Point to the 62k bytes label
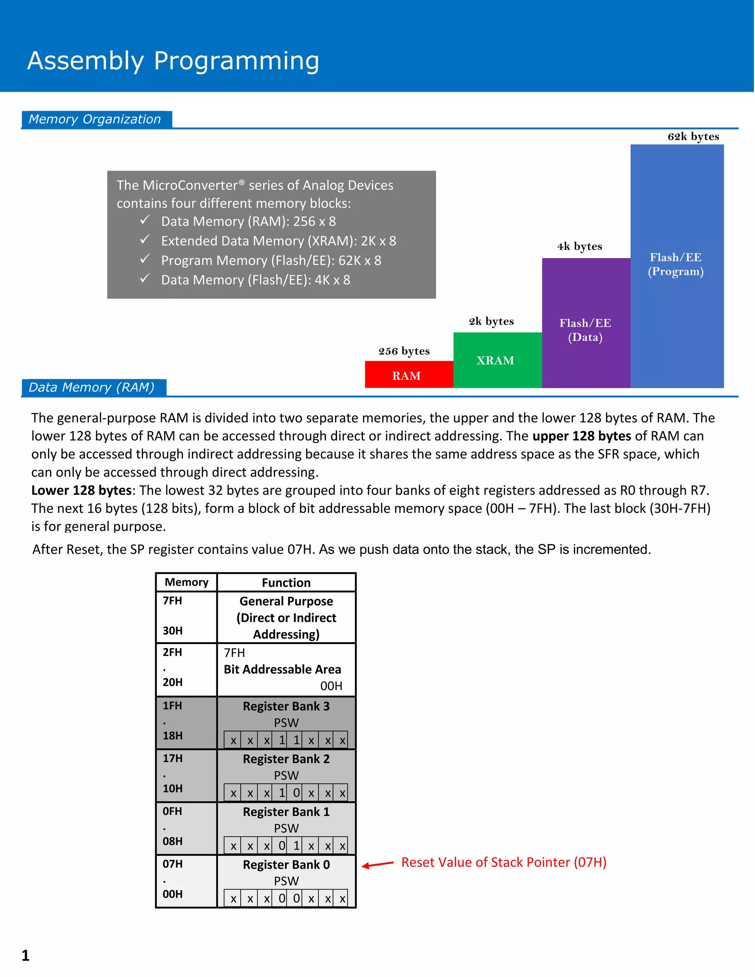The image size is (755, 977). click(693, 136)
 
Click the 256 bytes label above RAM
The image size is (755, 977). click(404, 351)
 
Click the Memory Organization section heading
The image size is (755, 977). click(95, 119)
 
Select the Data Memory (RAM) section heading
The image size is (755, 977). click(92, 387)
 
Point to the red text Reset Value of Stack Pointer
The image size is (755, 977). click(504, 862)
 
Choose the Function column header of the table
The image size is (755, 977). click(286, 583)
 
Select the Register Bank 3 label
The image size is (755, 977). click(286, 706)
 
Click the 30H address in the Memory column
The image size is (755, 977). click(173, 630)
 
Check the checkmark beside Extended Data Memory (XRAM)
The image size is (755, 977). click(145, 240)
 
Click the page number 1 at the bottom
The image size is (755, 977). click(25, 955)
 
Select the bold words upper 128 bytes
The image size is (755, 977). click(581, 436)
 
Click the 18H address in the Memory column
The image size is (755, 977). click(173, 736)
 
